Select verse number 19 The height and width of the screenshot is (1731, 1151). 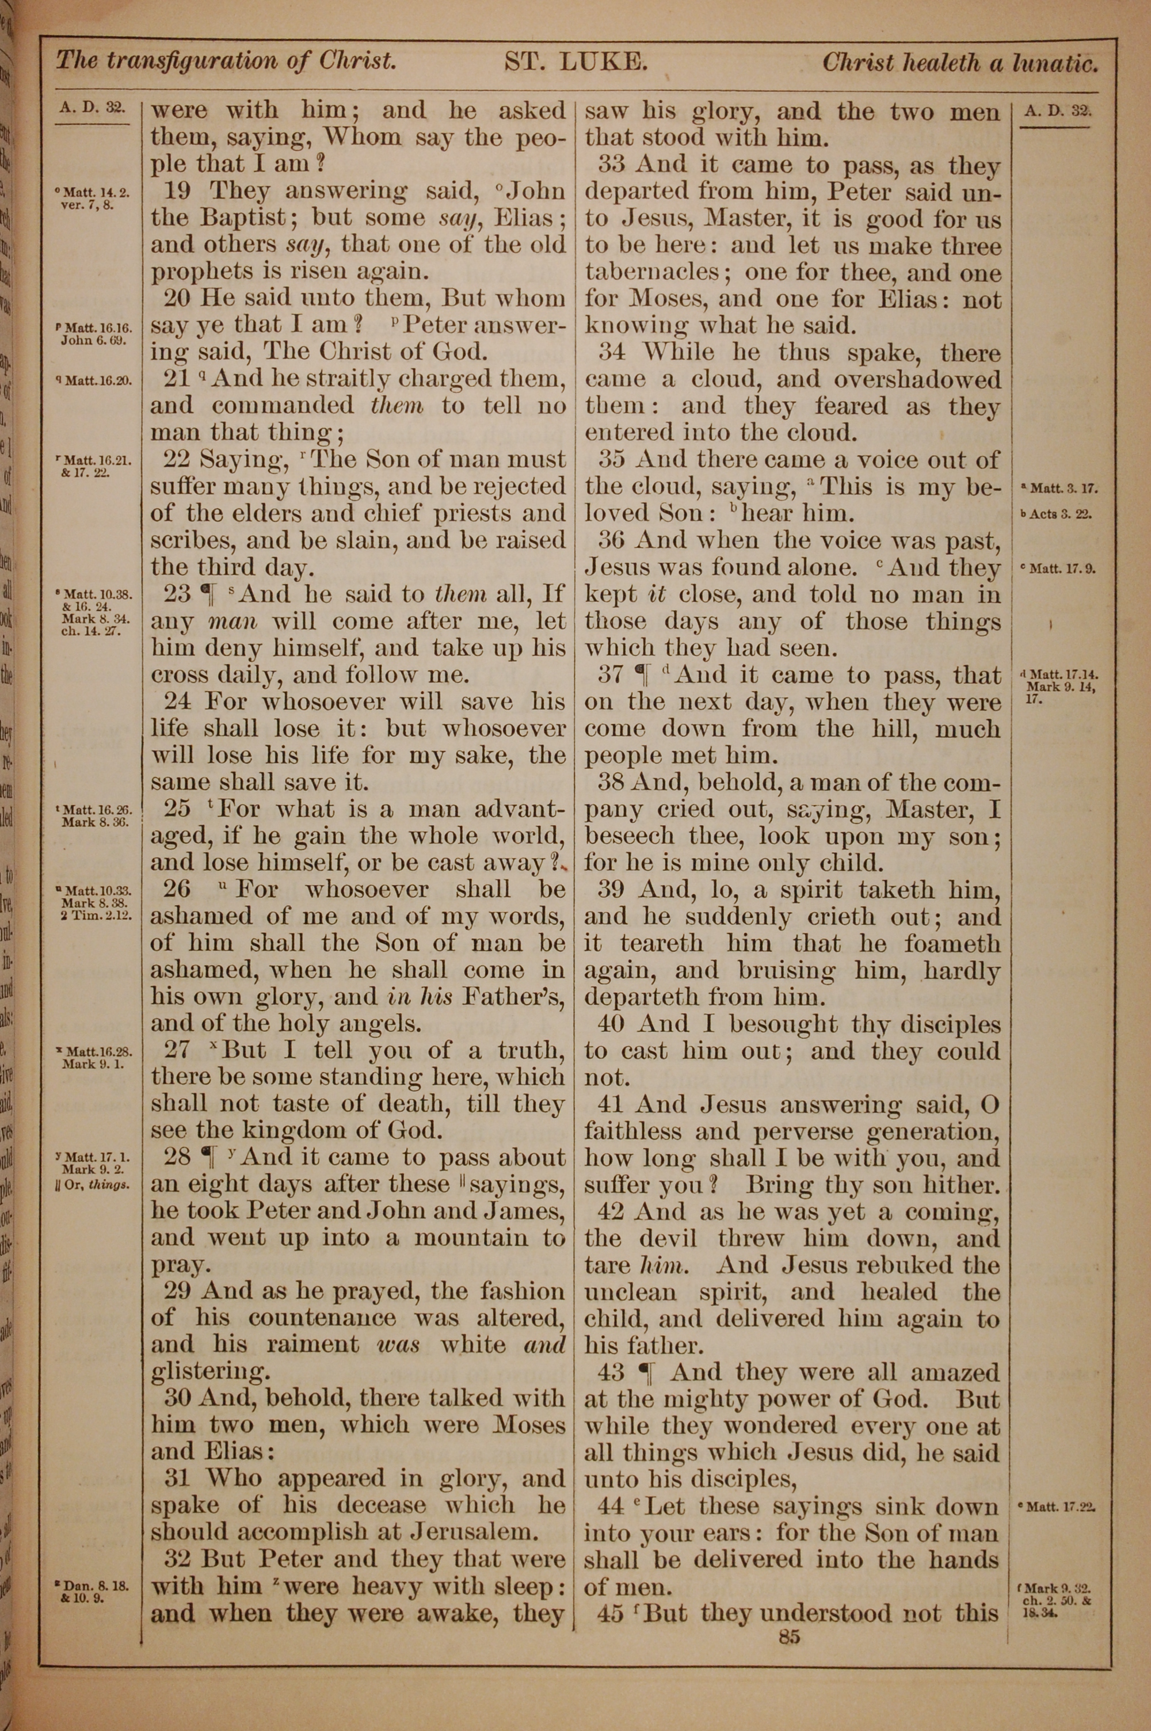point(177,191)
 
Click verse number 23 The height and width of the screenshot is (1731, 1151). point(177,594)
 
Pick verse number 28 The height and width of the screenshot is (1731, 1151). point(177,1157)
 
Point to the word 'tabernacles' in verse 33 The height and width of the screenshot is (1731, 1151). point(652,272)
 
